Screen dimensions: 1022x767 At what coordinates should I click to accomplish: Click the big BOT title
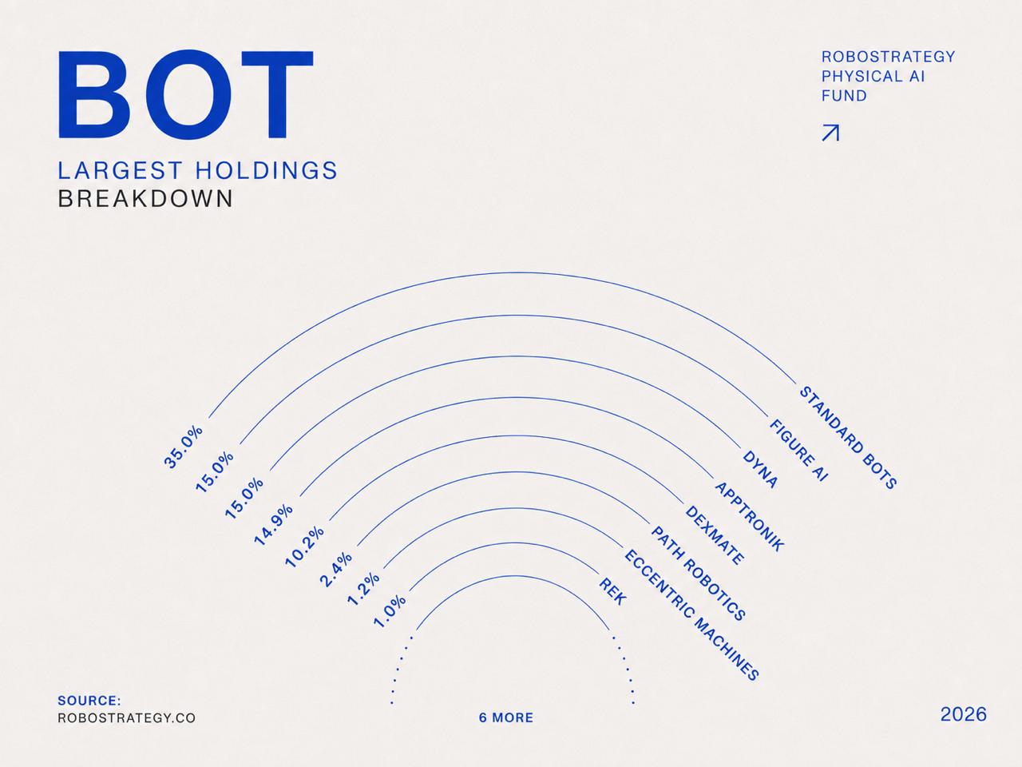click(186, 94)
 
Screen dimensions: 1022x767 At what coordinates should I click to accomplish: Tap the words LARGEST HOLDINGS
click(197, 170)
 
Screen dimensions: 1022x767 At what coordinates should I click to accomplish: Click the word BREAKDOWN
click(145, 199)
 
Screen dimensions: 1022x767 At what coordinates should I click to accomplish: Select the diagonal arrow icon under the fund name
click(830, 133)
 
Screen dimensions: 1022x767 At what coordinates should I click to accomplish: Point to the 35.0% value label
click(184, 447)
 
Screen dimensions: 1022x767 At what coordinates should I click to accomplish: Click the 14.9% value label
click(273, 525)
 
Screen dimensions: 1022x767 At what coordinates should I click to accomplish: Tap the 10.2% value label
click(304, 546)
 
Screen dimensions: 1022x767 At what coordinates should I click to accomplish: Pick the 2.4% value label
click(335, 570)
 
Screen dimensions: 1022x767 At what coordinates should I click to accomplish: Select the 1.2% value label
click(363, 590)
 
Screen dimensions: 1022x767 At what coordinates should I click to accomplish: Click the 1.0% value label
click(390, 612)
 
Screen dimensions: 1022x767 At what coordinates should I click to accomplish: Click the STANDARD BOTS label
click(848, 437)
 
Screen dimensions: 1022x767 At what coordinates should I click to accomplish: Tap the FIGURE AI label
click(798, 450)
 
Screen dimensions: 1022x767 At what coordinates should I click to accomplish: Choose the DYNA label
click(760, 470)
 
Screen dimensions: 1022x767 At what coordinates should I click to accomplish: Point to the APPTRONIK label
click(749, 517)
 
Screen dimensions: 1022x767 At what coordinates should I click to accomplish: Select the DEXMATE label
click(715, 535)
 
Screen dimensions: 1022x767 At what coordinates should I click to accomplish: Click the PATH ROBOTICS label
click(699, 574)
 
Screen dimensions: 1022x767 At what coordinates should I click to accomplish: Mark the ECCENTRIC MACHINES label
click(691, 614)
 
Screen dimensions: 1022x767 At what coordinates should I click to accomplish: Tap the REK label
click(612, 591)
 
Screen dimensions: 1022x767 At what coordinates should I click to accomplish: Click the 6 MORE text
click(506, 717)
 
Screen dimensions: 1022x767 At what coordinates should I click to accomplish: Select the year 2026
click(964, 714)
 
